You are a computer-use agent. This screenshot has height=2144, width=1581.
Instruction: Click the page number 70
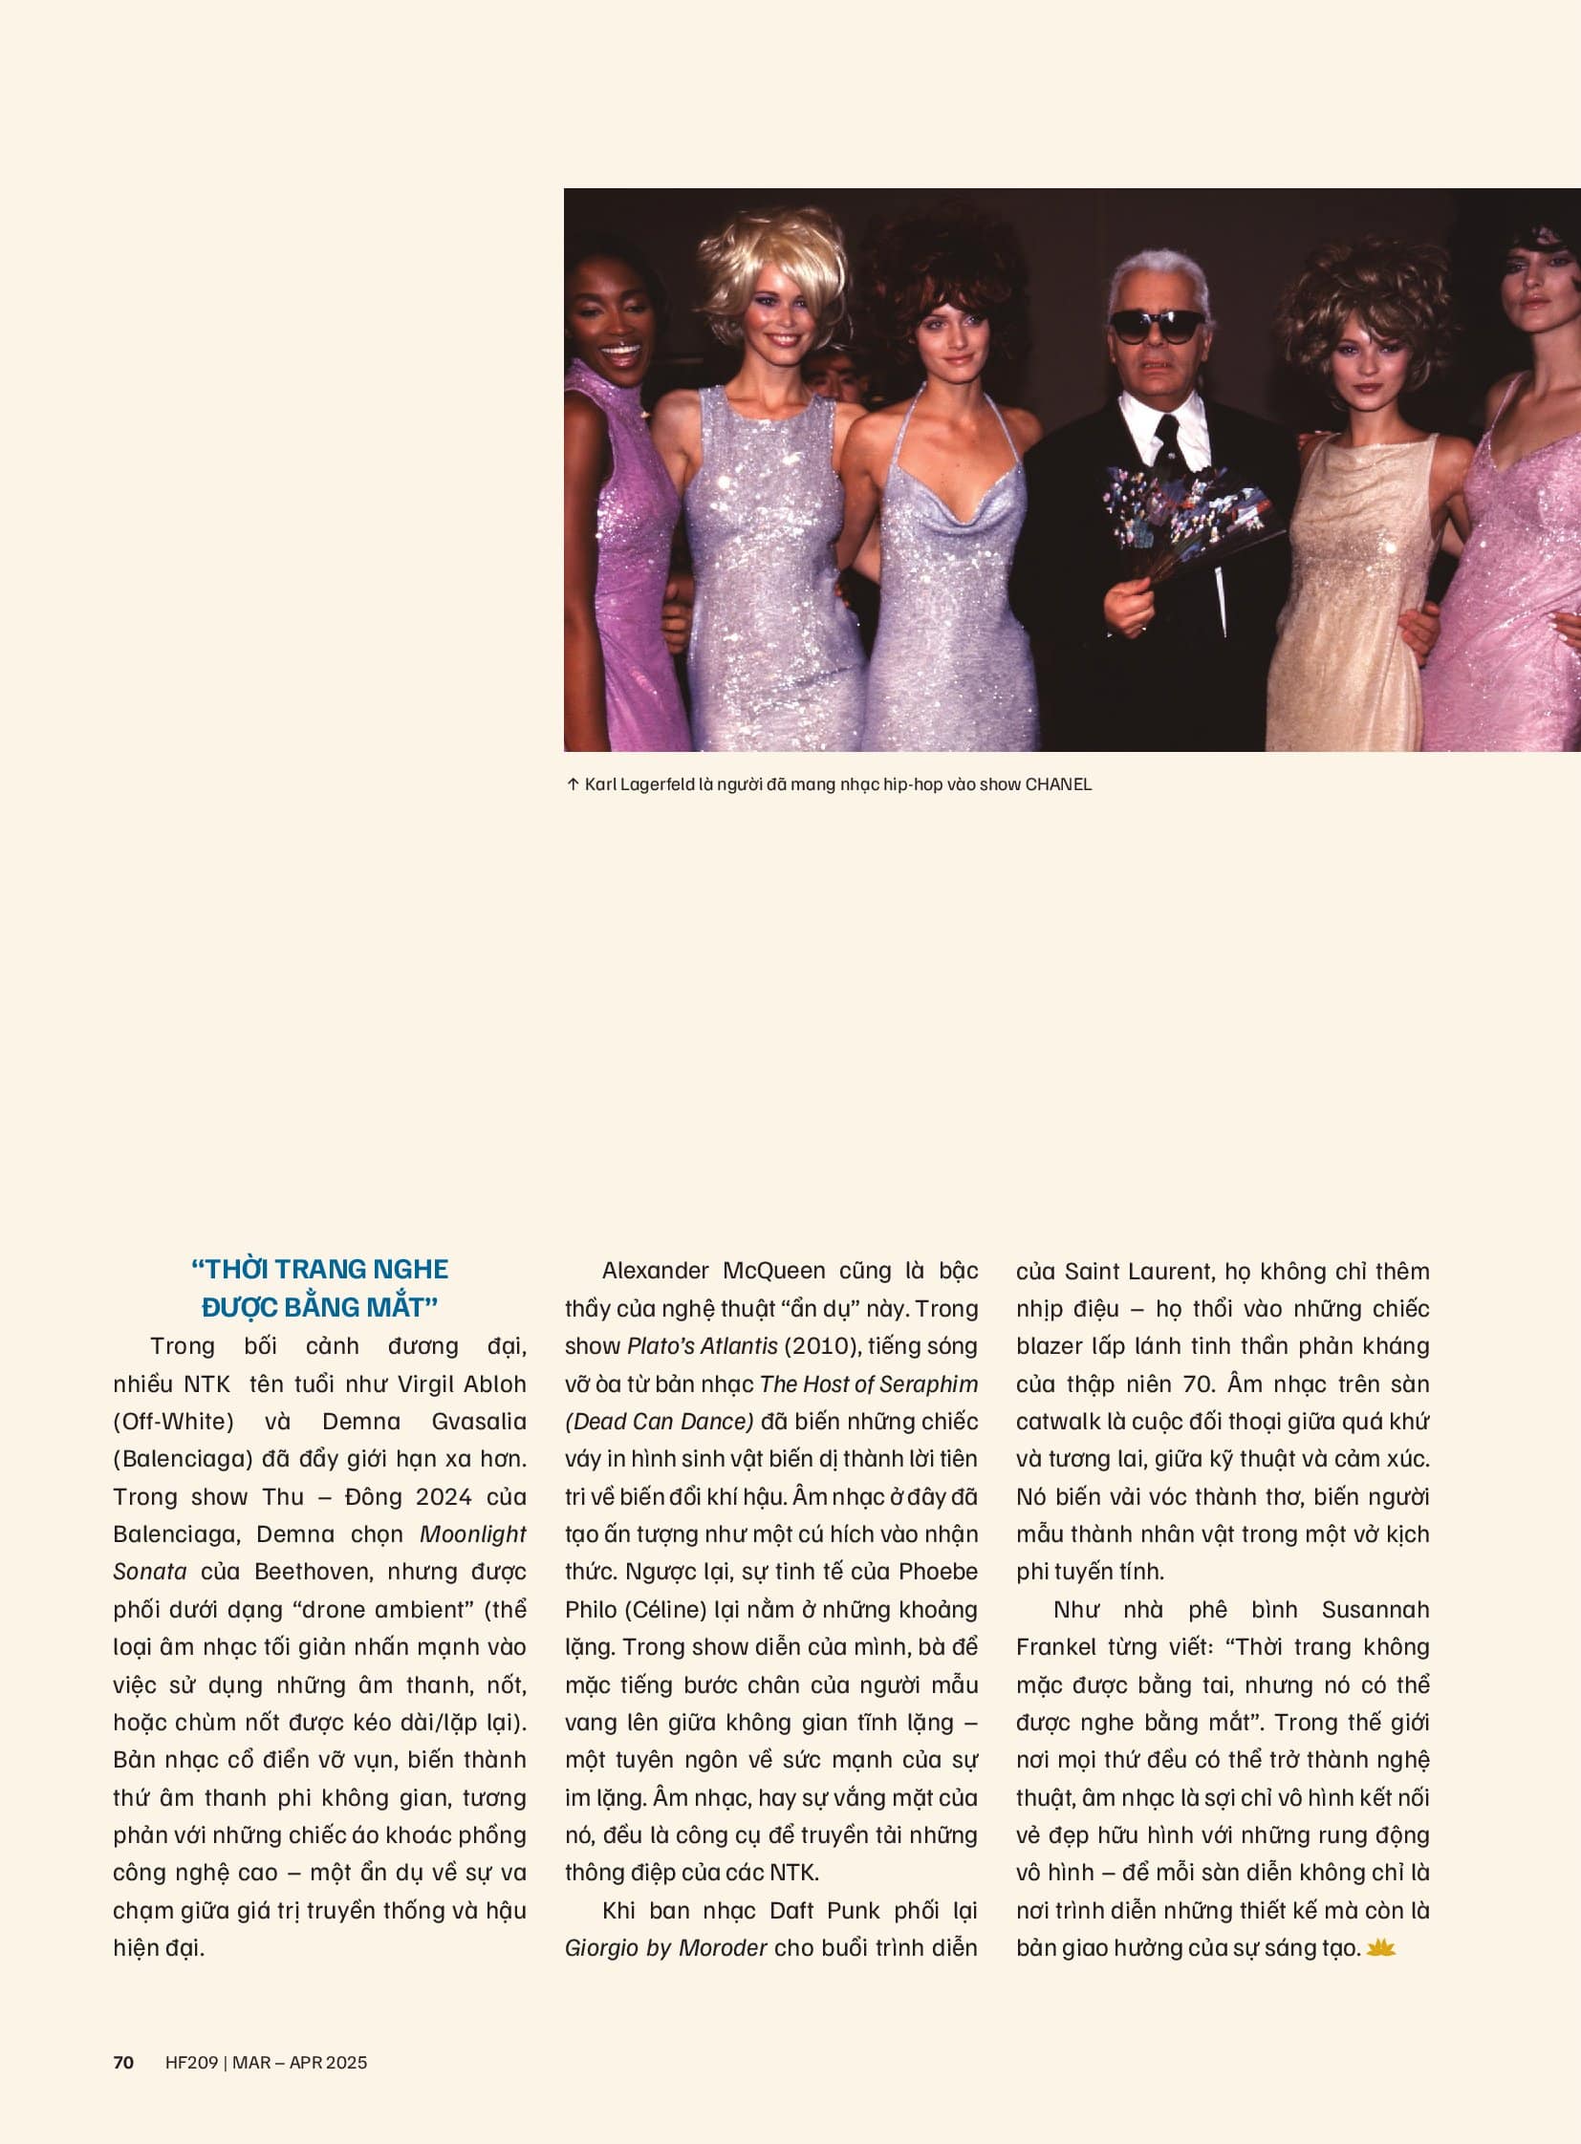123,2063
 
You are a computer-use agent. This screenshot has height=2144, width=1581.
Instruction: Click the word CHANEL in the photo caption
1057,784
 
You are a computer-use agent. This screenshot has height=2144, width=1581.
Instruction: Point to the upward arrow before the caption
573,784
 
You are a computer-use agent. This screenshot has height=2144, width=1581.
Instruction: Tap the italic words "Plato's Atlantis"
702,1346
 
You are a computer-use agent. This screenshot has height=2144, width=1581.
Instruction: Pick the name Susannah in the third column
1375,1609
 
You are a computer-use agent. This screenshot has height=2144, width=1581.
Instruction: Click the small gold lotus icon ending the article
1381,1947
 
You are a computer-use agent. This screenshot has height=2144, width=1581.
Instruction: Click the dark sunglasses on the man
1157,327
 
